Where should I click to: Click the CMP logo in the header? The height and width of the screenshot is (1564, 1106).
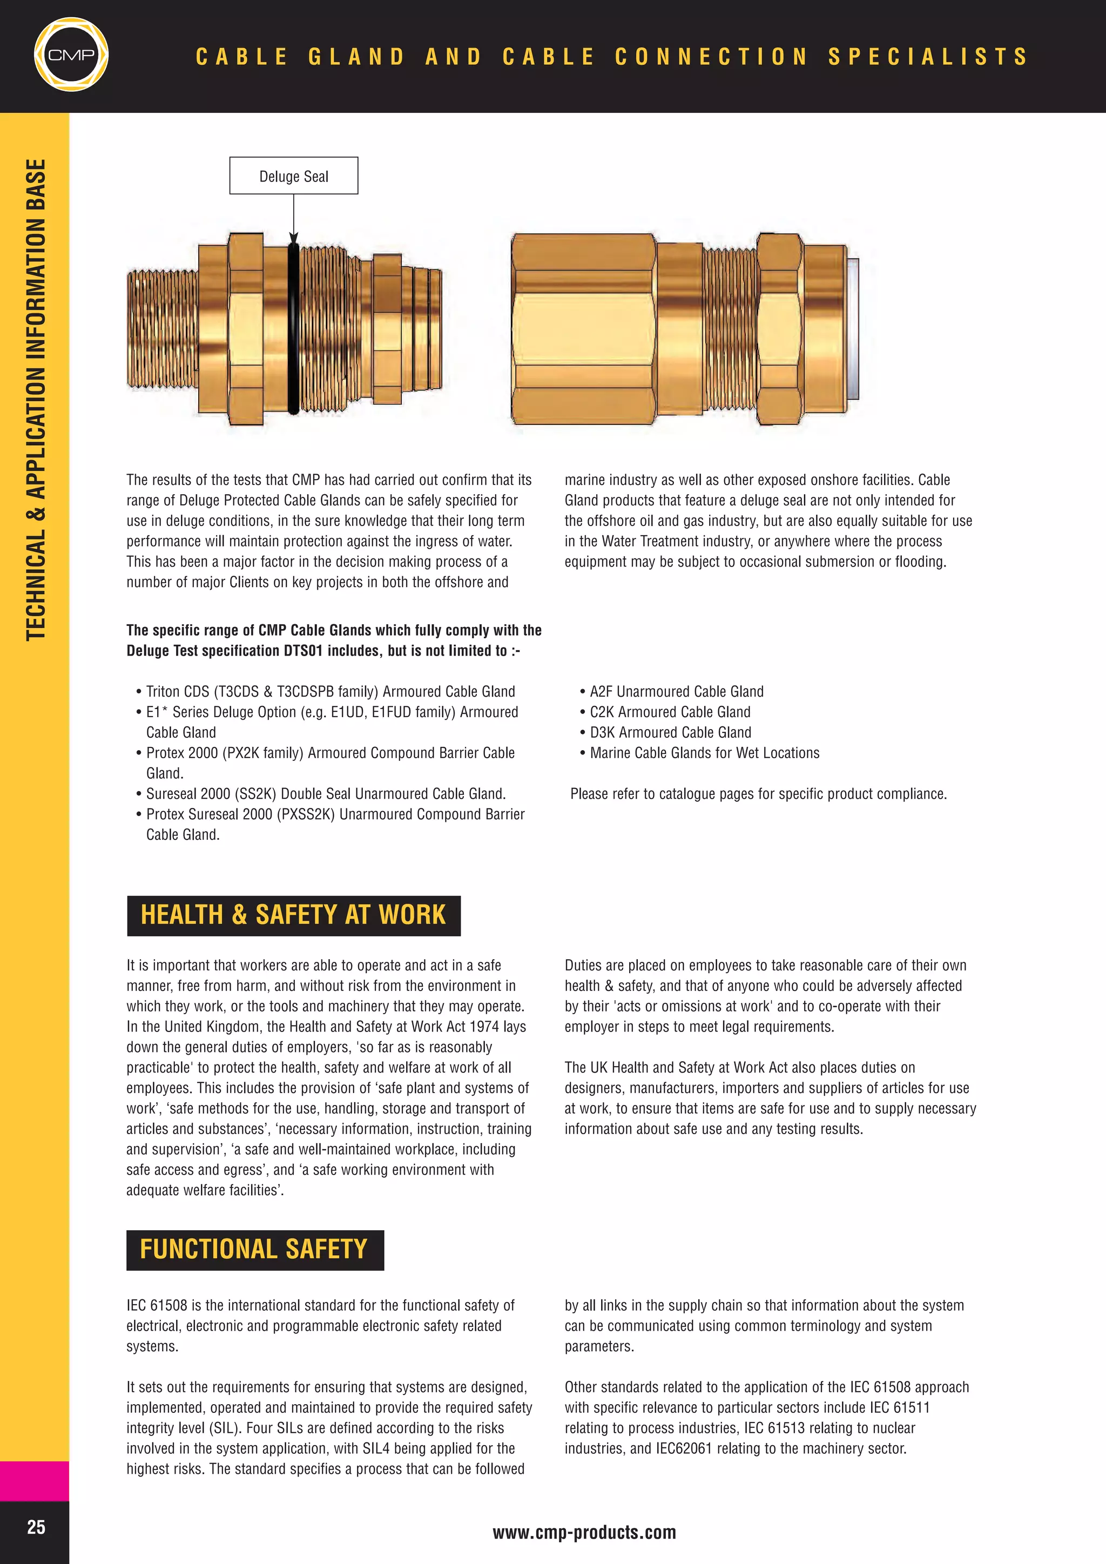pos(71,55)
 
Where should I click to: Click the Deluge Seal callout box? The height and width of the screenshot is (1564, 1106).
pos(294,176)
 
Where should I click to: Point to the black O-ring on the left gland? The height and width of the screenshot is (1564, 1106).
pos(294,327)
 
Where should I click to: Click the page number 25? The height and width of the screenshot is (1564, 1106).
pos(36,1527)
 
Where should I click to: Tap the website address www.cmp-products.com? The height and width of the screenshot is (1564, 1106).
pos(584,1533)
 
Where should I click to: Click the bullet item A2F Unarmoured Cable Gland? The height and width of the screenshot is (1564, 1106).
pos(676,691)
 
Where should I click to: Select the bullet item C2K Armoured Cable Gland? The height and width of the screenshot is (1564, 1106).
pos(670,712)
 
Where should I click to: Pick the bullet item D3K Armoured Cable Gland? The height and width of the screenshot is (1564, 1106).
pos(670,732)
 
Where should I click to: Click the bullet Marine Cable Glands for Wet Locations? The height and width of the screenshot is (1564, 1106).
pos(704,753)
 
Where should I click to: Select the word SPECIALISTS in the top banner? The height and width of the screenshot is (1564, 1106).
pos(928,56)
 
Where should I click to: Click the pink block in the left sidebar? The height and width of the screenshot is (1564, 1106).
pos(34,1480)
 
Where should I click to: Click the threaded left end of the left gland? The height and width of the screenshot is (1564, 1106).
pos(162,328)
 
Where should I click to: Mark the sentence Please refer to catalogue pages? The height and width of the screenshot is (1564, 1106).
pos(758,793)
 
